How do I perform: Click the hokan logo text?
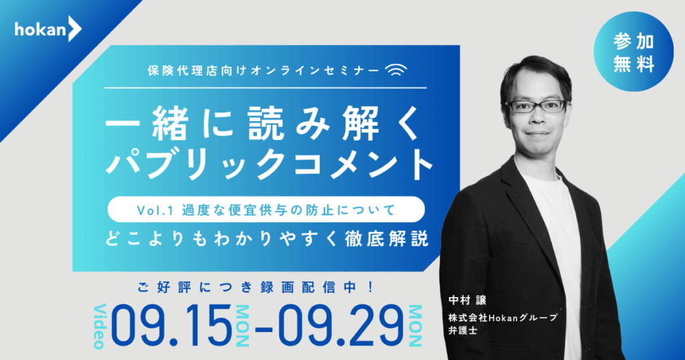pos(41,29)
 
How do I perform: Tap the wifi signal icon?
pos(396,70)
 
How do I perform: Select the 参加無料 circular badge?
pos(633,52)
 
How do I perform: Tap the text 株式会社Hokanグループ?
pos(503,318)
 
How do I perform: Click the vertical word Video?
pos(100,326)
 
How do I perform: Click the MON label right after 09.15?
pos(242,326)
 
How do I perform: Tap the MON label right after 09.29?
pos(415,326)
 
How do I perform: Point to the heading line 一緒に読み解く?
pos(262,124)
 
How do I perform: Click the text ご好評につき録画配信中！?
pos(256,288)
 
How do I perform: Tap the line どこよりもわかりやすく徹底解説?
pos(266,240)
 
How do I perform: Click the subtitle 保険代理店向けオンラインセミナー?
pos(264,71)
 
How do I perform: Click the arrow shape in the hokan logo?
pos(75,29)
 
